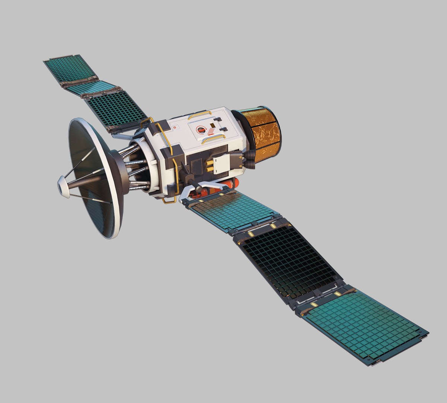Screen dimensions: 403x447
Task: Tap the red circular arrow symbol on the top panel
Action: click(x=202, y=129)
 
